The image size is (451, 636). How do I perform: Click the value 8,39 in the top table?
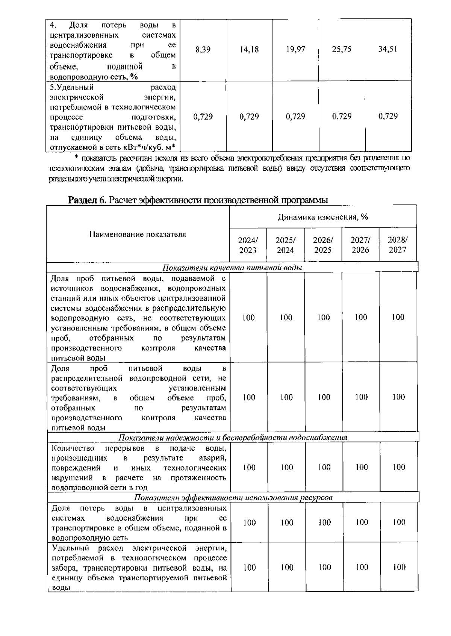pos(203,50)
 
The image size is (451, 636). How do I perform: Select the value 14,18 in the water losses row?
pos(249,50)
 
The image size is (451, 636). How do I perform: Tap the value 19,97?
pos(295,50)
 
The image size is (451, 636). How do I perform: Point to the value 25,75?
pos(342,50)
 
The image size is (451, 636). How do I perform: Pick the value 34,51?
pos(388,50)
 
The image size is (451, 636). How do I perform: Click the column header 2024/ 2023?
pos(248,245)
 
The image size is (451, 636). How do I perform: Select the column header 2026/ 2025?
pos(323,245)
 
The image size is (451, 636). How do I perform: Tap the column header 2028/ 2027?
pos(398,245)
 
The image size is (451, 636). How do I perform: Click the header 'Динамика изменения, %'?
pos(323,217)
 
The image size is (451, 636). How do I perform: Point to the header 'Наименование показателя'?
pos(138,235)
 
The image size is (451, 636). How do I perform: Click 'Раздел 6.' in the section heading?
pos(87,200)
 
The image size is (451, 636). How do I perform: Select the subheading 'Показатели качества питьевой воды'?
pos(232,268)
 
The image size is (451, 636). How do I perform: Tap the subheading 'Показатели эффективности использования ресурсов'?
pos(233,498)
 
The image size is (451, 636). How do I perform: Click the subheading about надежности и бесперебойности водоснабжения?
pos(233,438)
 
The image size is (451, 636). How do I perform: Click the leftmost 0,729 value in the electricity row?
pos(203,117)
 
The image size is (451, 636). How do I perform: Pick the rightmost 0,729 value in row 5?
pos(388,116)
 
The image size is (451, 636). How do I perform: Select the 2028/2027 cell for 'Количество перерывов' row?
pos(399,467)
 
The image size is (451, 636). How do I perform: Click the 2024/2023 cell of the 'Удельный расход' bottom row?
pos(249,568)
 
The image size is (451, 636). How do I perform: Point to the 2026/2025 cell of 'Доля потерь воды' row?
pos(324,522)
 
